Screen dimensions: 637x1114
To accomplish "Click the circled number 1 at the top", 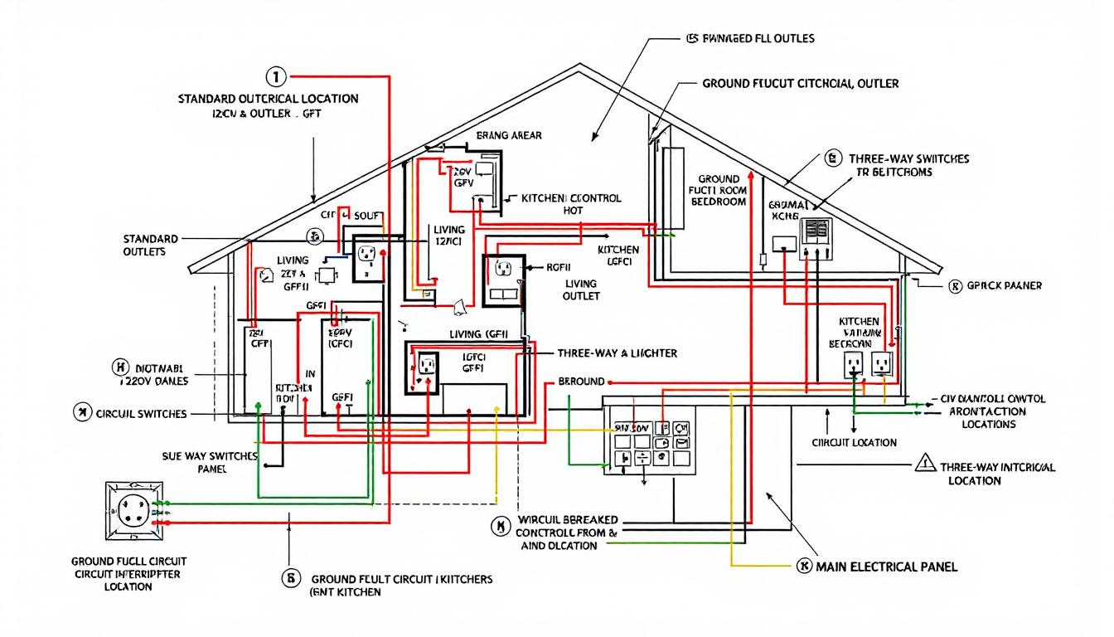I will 275,77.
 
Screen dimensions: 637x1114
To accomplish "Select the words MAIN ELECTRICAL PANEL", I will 886,566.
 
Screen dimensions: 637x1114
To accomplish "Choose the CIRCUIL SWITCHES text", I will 141,413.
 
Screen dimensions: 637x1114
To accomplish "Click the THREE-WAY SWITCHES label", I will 908,158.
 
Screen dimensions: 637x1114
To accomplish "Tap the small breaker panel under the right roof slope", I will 816,240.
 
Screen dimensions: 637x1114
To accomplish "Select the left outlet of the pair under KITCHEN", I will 854,364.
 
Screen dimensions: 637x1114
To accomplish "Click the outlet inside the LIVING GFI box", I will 426,366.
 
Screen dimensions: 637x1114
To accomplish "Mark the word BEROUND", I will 582,382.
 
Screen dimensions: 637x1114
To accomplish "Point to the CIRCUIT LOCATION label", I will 854,442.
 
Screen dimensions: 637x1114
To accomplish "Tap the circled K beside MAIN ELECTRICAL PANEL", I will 802,566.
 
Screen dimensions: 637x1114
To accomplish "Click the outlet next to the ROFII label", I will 503,269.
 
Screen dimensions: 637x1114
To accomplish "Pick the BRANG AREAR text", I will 509,135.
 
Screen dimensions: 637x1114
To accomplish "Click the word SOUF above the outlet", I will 367,216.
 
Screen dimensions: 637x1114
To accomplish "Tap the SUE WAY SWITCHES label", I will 198,462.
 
